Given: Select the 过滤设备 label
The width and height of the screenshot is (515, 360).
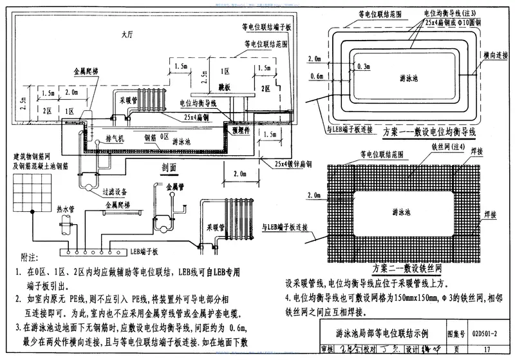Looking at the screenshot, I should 114,191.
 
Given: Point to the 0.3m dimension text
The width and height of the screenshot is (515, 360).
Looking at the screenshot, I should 362,66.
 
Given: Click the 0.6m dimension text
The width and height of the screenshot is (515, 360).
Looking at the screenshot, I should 315,77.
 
